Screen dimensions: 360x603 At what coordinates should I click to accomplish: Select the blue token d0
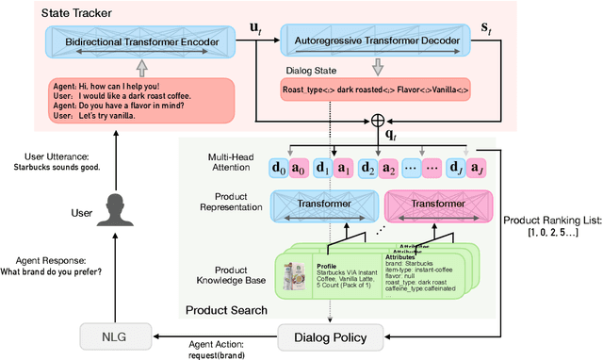(x=280, y=168)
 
